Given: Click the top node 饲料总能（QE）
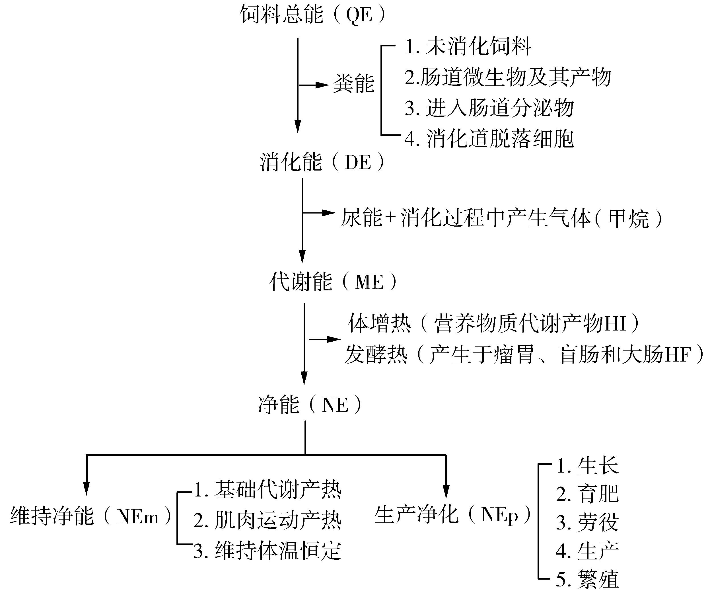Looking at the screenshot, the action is coord(313,15).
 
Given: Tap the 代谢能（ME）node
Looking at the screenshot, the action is coord(333,282).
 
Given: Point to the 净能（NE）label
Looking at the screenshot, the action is coord(310,405).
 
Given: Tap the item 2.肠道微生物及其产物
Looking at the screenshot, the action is coord(508,77).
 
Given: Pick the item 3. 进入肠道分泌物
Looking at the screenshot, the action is coord(489,108).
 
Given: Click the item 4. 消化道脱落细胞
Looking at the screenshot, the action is coord(489,138).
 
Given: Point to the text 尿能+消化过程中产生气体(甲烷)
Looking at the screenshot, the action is coord(501,218).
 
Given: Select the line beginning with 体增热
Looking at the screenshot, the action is coord(494,323).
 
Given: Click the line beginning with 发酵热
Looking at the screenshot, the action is coord(524,354).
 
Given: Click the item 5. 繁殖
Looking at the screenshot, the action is coord(588,579).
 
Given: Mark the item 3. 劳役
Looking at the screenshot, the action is coord(588,522).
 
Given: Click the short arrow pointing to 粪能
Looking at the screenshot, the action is coord(314,85).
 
